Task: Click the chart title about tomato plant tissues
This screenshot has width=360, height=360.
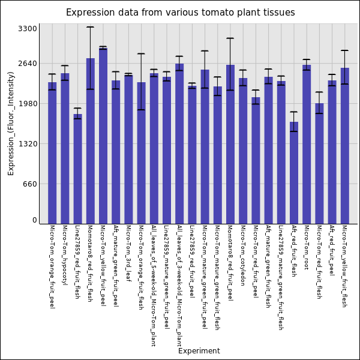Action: click(180, 13)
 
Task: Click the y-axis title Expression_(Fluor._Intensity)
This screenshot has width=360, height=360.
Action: click(11, 123)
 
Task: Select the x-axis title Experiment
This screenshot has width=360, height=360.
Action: click(199, 351)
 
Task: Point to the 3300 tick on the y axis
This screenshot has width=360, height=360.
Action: click(28, 28)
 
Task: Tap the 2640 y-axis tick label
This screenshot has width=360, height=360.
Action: click(28, 63)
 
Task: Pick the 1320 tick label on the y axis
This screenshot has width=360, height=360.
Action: click(28, 144)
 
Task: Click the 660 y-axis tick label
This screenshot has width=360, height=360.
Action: click(29, 184)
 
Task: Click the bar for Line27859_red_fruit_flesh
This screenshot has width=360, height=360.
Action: click(77, 169)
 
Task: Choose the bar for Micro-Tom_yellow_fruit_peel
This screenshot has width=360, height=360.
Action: click(103, 136)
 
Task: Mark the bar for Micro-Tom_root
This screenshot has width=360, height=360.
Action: click(307, 144)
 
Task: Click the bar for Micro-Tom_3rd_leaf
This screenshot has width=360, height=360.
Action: click(128, 149)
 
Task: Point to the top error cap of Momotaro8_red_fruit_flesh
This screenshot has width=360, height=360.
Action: click(90, 27)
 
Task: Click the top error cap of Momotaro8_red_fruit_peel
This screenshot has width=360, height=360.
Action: click(230, 38)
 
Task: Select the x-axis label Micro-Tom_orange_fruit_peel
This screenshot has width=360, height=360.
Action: click(52, 266)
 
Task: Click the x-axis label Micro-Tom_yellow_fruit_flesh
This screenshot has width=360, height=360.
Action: click(344, 266)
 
